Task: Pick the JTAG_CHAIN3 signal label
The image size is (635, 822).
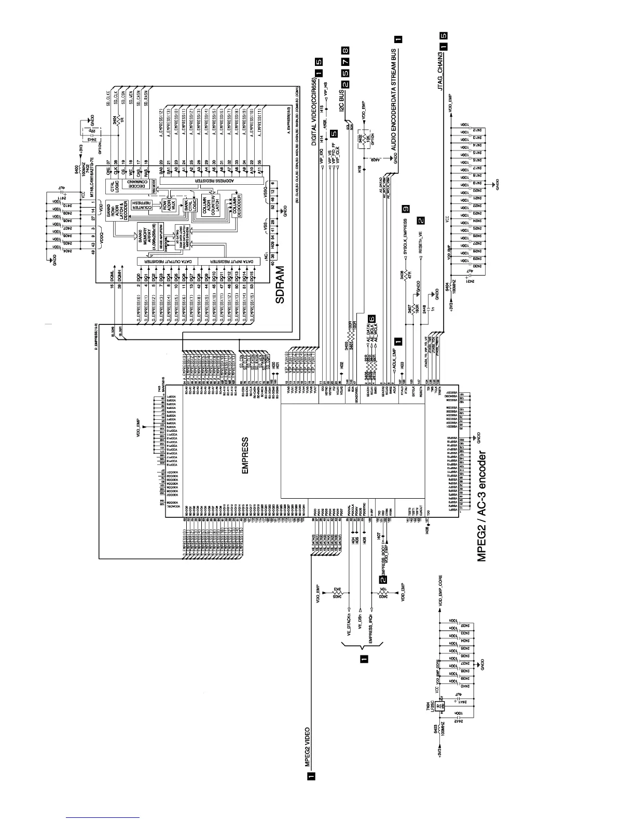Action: [441, 72]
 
